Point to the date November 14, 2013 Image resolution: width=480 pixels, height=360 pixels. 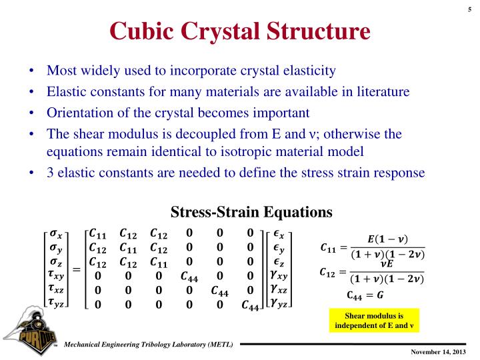pos(437,351)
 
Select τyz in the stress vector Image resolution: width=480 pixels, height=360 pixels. pos(57,305)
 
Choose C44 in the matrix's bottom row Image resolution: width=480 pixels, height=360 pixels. pos(251,305)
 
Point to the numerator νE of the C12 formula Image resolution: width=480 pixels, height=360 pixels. pos(387,263)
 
